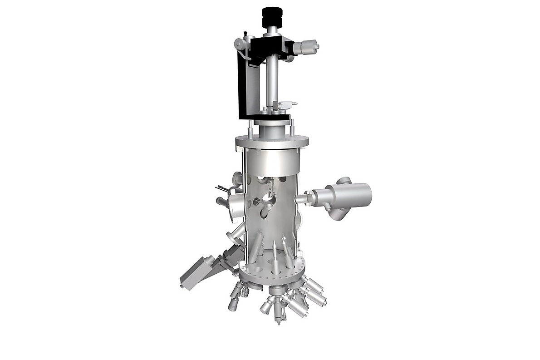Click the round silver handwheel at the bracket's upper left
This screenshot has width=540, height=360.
(x=239, y=44)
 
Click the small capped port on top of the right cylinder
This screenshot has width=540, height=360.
(x=344, y=180)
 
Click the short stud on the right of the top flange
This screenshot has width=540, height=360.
(x=293, y=128)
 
